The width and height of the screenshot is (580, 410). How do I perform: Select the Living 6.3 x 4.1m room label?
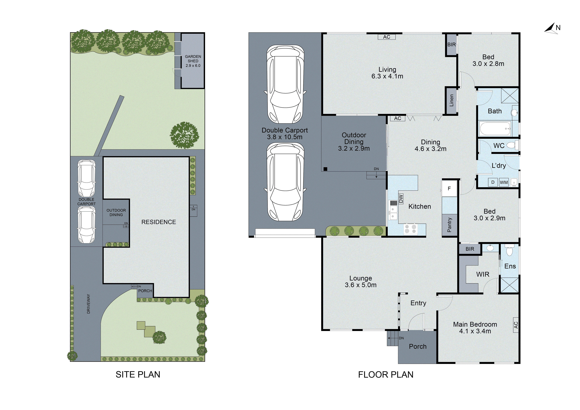pos(387,73)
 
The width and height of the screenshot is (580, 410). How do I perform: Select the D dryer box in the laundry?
pos(493,182)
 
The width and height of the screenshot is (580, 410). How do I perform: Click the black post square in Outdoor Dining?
pos(325,169)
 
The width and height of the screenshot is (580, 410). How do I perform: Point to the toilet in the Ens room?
pos(509,251)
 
